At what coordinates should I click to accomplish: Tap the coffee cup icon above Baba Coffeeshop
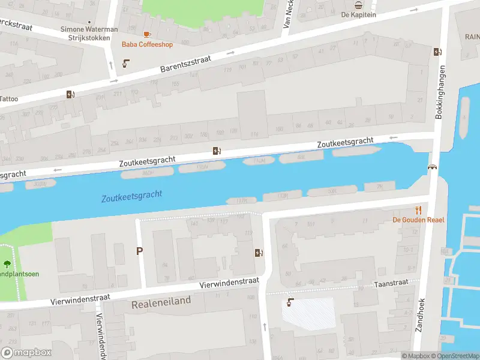147,34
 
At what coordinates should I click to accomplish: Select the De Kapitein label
358,15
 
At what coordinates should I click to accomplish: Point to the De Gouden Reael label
418,220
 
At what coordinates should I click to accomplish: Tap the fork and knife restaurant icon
418,210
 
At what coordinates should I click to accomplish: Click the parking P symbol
140,251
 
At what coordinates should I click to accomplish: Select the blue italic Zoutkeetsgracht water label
132,196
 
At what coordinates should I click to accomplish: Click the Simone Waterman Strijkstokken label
89,34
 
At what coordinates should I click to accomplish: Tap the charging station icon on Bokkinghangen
436,52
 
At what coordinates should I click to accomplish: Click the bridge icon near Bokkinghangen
431,167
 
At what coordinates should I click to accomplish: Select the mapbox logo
26,353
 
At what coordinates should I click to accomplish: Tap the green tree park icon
7,263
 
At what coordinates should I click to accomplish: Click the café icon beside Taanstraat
291,302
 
